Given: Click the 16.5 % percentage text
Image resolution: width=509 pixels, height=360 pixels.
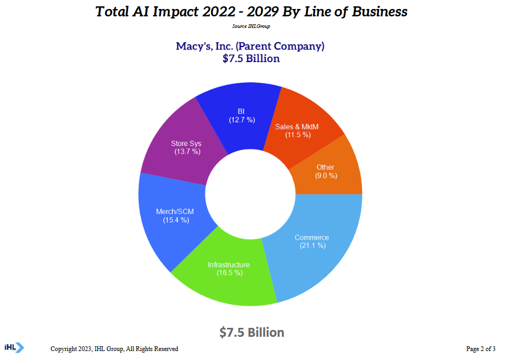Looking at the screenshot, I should (x=229, y=273).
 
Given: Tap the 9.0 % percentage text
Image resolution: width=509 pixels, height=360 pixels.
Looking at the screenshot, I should (x=326, y=176).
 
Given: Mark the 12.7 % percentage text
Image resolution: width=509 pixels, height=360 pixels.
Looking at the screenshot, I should (x=242, y=120).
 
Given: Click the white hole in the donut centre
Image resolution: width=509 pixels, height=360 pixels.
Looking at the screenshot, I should (x=250, y=194).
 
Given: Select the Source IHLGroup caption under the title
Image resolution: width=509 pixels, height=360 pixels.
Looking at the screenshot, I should (x=251, y=26).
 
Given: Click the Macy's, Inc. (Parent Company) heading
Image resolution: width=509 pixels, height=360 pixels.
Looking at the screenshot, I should (x=250, y=46).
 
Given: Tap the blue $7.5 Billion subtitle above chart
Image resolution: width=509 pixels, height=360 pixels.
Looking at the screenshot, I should (x=251, y=59).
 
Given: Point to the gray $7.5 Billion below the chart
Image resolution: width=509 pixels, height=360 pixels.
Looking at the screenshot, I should (x=252, y=332).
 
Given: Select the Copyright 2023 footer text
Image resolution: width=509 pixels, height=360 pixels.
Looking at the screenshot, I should (x=114, y=349).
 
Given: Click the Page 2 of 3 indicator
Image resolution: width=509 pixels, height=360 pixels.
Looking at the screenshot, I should (x=481, y=349).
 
